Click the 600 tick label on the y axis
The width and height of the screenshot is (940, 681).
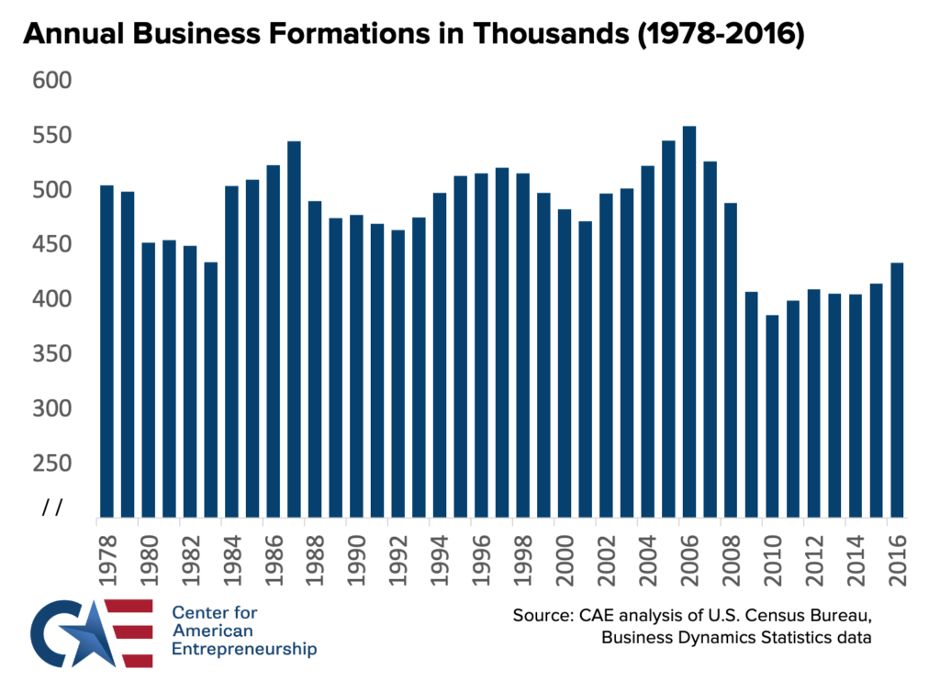click(53, 82)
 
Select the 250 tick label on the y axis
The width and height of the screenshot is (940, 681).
click(53, 463)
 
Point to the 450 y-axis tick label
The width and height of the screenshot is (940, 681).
click(53, 245)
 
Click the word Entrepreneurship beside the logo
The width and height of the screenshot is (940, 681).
click(244, 649)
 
